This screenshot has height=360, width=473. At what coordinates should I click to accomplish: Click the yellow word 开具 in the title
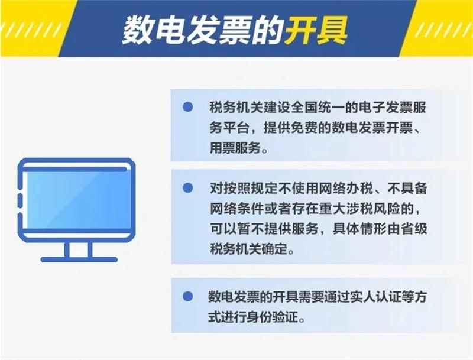pyautogui.click(x=316, y=30)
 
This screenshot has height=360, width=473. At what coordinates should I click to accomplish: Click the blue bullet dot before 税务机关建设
pyautogui.click(x=187, y=107)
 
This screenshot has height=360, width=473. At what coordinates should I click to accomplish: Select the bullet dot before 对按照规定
pyautogui.click(x=187, y=188)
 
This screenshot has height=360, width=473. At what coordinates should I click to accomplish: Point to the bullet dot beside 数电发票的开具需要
pyautogui.click(x=187, y=296)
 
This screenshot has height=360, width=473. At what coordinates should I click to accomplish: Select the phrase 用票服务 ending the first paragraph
pyautogui.click(x=235, y=148)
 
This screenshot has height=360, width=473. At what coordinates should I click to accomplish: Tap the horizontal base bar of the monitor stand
pyautogui.click(x=79, y=260)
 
